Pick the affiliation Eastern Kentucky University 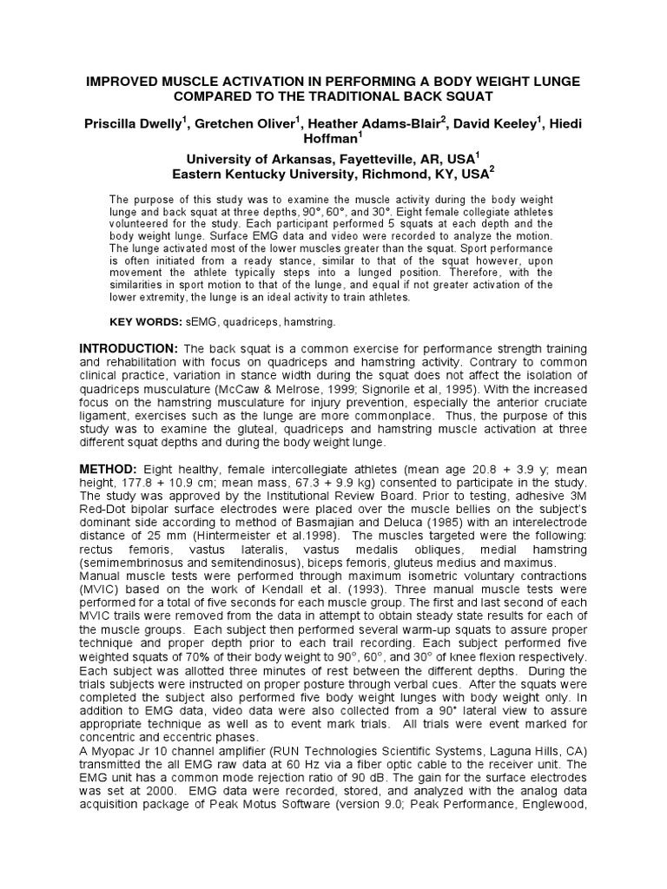pos(261,174)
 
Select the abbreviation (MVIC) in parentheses pos(99,589)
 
